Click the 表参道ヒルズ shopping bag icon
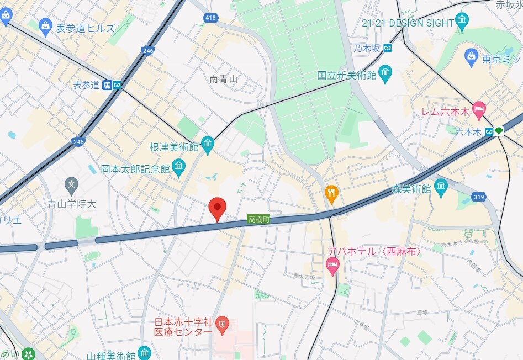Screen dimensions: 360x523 click(x=46, y=25)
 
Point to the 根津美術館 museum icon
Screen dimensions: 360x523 click(x=208, y=145)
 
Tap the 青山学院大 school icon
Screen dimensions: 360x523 click(x=71, y=184)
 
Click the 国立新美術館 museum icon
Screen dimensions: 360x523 click(x=385, y=73)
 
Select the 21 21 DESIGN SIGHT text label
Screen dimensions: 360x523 click(x=408, y=23)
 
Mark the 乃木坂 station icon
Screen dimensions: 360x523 click(x=389, y=48)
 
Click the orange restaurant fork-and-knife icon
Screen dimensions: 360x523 click(x=331, y=192)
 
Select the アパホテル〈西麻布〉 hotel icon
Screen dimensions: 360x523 click(x=332, y=268)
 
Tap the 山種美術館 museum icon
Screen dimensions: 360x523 click(x=144, y=352)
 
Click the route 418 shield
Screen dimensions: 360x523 click(x=210, y=18)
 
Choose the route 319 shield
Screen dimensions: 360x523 click(x=479, y=197)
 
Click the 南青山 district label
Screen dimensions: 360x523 click(x=224, y=79)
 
